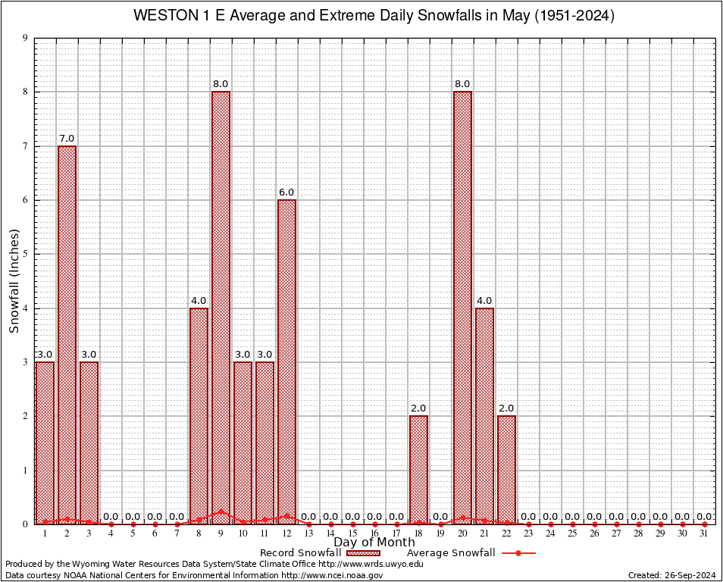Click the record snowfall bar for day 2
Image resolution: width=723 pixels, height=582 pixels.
point(67,333)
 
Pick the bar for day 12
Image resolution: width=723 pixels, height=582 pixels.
point(286,361)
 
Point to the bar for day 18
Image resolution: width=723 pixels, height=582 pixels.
point(418,469)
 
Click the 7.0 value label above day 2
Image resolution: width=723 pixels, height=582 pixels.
point(67,139)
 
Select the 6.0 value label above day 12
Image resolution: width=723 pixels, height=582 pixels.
point(286,192)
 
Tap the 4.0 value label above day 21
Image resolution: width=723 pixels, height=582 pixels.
point(484,301)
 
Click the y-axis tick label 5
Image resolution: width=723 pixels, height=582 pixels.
point(25,254)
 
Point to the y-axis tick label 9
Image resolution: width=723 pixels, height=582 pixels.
point(25,38)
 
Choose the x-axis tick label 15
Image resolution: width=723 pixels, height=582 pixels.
point(352,533)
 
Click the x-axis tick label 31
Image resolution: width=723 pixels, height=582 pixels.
point(704,533)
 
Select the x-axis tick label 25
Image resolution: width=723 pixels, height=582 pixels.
point(572,533)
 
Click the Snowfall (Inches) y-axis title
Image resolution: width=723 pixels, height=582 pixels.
point(14,281)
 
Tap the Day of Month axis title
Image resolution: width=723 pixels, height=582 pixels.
point(374,543)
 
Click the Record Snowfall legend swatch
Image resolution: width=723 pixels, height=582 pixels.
point(363,553)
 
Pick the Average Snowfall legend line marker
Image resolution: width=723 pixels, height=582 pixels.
point(518,553)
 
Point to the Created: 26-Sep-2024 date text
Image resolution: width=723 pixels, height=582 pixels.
point(672,575)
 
